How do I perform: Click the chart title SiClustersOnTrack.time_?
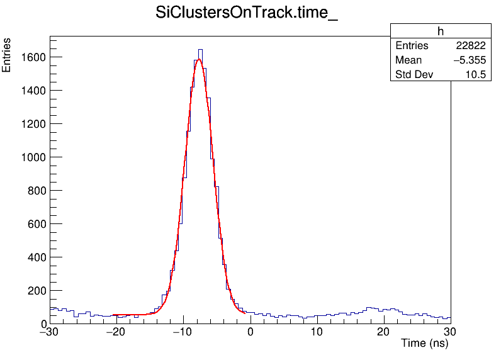pos(246,14)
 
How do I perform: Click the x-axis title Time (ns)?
pos(425,344)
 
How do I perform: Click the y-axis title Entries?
pos(7,55)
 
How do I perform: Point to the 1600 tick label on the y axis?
pos(33,57)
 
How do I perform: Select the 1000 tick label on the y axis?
pos(33,157)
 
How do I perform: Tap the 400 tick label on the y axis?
pos(36,257)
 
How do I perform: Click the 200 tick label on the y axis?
pos(36,291)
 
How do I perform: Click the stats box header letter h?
pos(441,31)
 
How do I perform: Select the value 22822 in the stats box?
pos(470,46)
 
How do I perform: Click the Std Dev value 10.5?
pos(475,75)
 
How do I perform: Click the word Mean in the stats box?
pos(408,60)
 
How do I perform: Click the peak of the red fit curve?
pos(198,60)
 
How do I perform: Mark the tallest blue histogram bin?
pos(200,50)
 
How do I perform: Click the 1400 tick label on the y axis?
pos(33,91)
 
